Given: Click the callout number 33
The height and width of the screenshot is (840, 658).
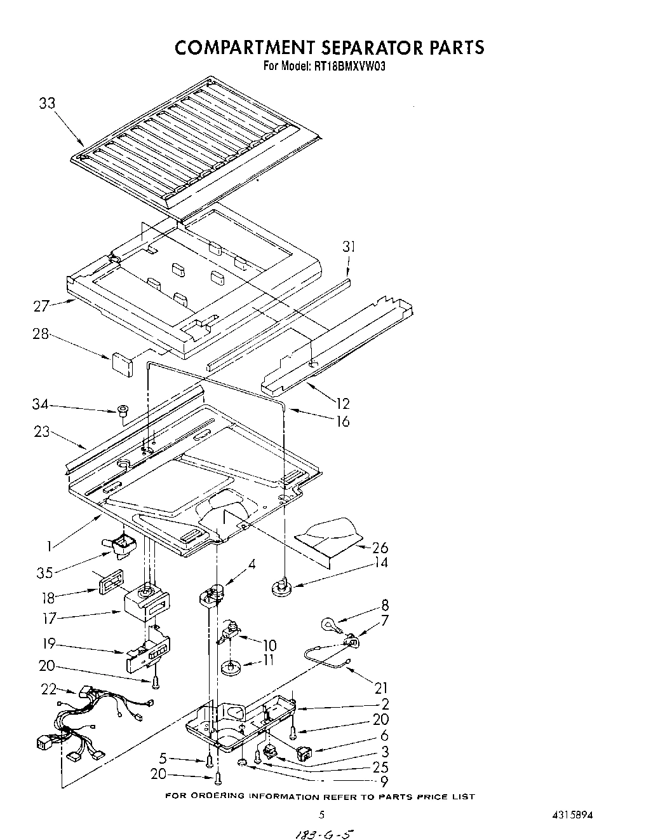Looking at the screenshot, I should [47, 104].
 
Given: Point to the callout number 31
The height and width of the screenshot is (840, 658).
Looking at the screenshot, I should [348, 247].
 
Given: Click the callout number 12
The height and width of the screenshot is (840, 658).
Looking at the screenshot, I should [342, 403].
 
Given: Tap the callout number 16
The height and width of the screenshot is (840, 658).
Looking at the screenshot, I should [342, 421].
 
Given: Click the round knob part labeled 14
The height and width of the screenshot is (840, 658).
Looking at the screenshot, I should [282, 586].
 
